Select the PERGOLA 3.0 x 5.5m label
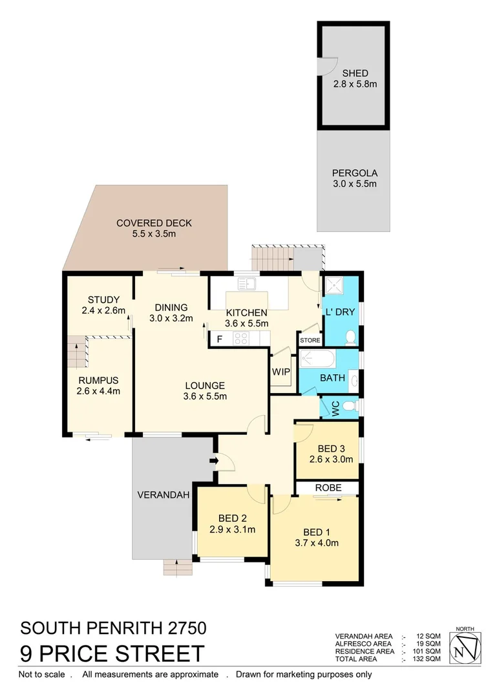click(x=354, y=178)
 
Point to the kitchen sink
click(x=246, y=283)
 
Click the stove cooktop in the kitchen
click(x=241, y=337)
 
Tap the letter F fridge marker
click(x=219, y=338)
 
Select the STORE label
click(x=310, y=340)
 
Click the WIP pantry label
click(x=280, y=372)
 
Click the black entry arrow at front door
click(x=213, y=461)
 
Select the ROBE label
click(x=328, y=487)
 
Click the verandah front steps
click(x=178, y=567)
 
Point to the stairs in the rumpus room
click(x=78, y=352)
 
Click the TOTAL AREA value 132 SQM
click(x=428, y=659)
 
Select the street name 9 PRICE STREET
click(x=112, y=653)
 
